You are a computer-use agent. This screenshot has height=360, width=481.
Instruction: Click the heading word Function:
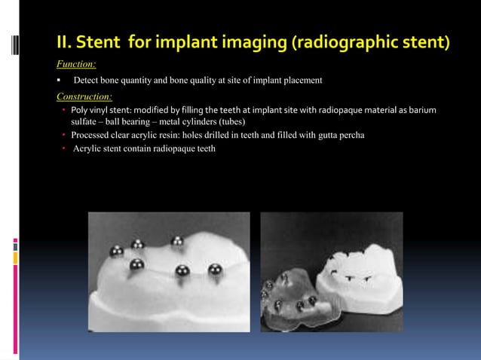(76, 65)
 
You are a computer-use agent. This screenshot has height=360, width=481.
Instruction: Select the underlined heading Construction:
(84, 96)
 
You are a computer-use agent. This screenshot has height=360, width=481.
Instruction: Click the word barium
(421, 111)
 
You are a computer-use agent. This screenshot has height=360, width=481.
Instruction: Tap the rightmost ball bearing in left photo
(215, 269)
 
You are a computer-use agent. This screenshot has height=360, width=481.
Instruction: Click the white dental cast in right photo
(360, 279)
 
